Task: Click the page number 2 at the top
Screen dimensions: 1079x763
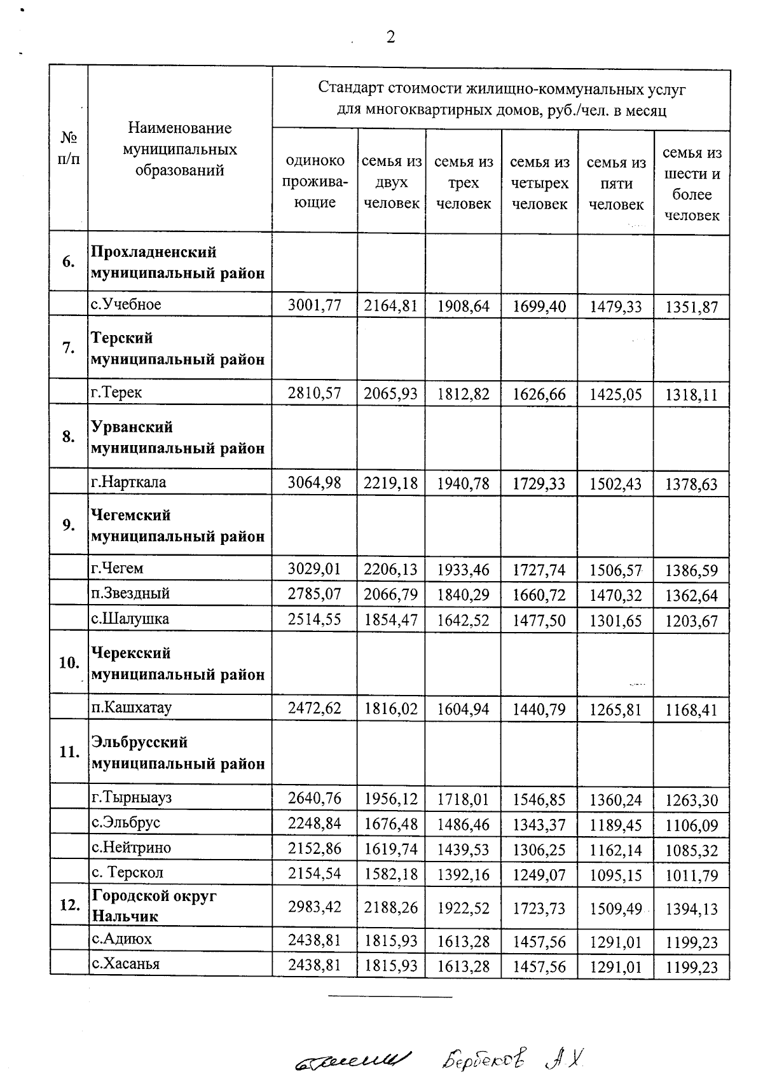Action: click(390, 37)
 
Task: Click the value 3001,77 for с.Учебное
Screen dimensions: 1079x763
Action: click(315, 306)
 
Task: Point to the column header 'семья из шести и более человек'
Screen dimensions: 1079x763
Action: click(692, 184)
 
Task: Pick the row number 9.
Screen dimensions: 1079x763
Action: click(69, 525)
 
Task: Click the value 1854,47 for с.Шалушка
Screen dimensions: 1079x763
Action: click(391, 620)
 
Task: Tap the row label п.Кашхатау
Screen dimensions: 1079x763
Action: click(132, 707)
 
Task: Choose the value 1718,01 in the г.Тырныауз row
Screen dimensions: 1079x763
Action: click(464, 799)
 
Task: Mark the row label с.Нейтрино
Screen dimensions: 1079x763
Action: click(132, 848)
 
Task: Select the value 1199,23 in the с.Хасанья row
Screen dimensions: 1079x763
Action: click(692, 968)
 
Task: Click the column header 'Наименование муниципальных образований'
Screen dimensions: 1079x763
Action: click(180, 149)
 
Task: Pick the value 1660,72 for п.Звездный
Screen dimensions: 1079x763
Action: click(539, 595)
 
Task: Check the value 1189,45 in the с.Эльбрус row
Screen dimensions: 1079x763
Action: click(615, 825)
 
